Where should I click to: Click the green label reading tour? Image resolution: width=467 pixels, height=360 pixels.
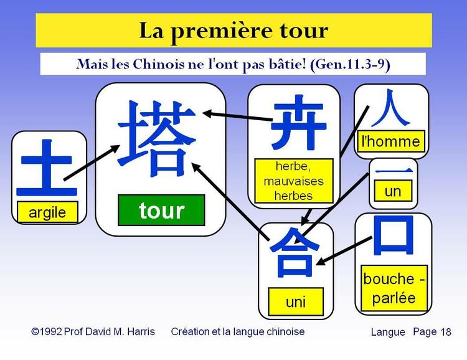tap(161, 211)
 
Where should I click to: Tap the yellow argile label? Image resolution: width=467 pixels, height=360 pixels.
tap(47, 212)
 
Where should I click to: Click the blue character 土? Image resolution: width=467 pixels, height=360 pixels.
tap(49, 167)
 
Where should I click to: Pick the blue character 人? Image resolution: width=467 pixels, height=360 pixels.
tap(390, 108)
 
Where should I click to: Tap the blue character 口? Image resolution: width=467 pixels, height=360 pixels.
tap(393, 236)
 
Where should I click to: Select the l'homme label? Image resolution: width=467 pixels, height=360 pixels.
tap(391, 141)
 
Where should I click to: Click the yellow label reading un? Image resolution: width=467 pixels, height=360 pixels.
tap(393, 191)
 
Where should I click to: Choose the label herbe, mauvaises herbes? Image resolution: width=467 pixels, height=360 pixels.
tap(294, 181)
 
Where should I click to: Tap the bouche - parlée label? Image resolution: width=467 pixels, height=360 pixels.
tap(394, 288)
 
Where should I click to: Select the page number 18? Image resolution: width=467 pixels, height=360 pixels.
tap(446, 332)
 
